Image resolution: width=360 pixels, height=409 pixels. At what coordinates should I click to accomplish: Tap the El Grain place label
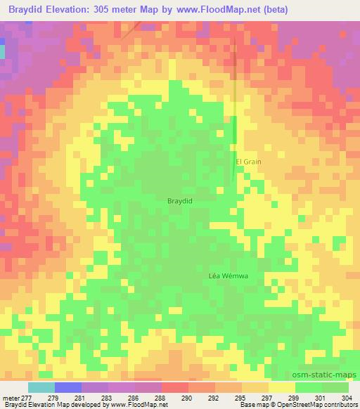(248, 162)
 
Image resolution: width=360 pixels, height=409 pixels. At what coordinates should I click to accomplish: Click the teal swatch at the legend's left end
(41, 387)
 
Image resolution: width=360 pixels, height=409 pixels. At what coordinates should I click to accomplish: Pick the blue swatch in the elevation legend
(68, 387)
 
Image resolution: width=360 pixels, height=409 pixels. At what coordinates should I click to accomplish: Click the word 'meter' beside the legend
(12, 398)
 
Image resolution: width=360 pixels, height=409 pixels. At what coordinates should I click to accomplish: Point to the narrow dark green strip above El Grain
(235, 134)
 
